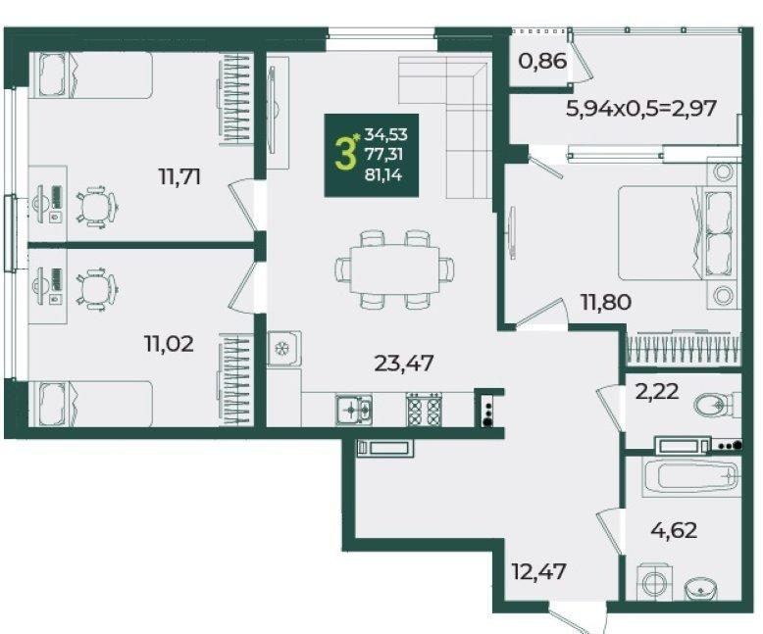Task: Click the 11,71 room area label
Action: pyautogui.click(x=179, y=176)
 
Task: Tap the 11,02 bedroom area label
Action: pyautogui.click(x=169, y=344)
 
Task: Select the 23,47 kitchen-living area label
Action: pyautogui.click(x=404, y=363)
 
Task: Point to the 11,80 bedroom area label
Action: pyautogui.click(x=606, y=303)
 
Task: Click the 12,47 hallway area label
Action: pyautogui.click(x=539, y=570)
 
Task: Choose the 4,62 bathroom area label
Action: pyautogui.click(x=674, y=530)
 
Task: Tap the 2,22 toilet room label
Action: pyautogui.click(x=657, y=391)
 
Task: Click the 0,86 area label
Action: pyautogui.click(x=542, y=62)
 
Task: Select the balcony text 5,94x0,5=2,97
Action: pyautogui.click(x=641, y=108)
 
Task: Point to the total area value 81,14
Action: pyautogui.click(x=383, y=174)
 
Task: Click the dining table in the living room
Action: pyautogui.click(x=394, y=268)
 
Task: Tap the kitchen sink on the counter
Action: pyautogui.click(x=354, y=410)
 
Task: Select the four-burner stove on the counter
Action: pyautogui.click(x=425, y=409)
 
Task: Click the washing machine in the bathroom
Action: pyautogui.click(x=654, y=581)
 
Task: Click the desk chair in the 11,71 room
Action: pyautogui.click(x=98, y=206)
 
